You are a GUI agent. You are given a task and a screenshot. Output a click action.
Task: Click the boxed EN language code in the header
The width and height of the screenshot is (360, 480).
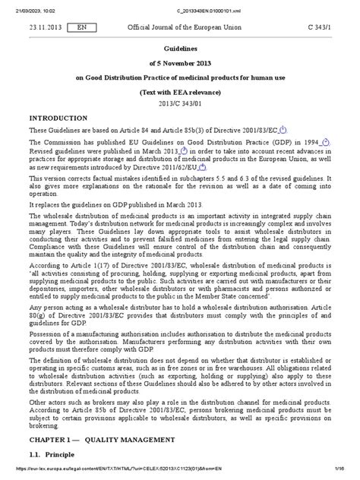tap(76, 26)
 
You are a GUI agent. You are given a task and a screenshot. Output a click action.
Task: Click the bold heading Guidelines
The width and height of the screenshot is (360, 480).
tap(180, 46)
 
